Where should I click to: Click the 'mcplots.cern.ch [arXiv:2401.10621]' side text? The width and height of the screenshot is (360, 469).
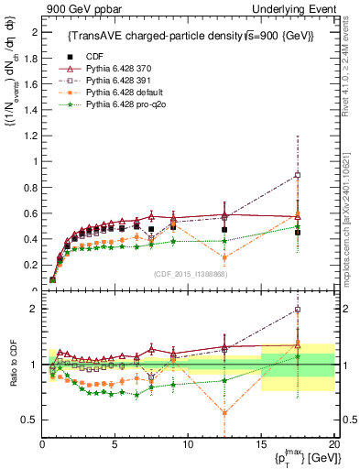(353, 211)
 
